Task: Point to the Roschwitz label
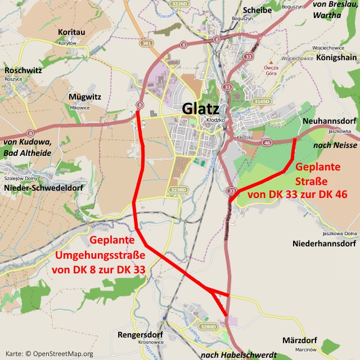tap(22, 70)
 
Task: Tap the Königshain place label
tap(336, 57)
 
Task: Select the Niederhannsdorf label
tap(325, 244)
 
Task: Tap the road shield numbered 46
tap(267, 143)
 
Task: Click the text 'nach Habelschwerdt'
tap(238, 355)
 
